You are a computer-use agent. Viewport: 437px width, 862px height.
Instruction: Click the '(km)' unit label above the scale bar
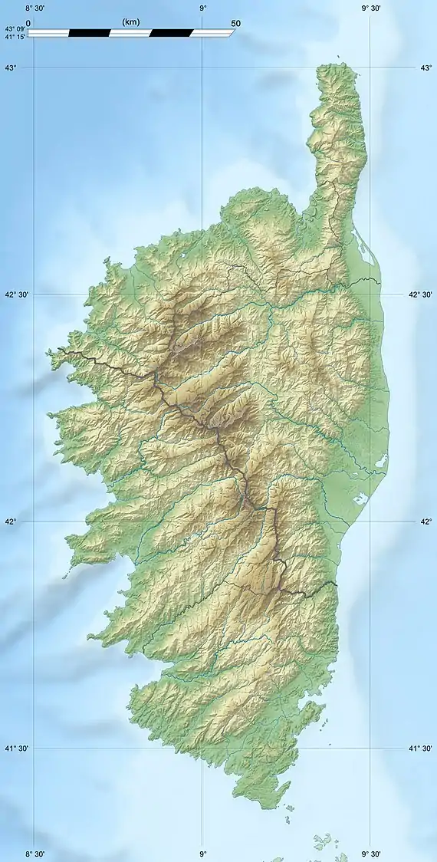(131, 23)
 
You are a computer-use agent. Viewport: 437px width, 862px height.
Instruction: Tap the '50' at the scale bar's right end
(235, 23)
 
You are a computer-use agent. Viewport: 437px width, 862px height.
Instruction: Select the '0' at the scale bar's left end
(28, 23)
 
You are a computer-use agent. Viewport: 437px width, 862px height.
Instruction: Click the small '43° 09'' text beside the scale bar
(15, 29)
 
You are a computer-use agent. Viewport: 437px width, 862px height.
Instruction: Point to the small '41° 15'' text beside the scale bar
(15, 36)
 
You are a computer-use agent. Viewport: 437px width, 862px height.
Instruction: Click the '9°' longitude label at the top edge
(203, 8)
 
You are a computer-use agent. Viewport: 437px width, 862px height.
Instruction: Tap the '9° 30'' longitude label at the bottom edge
(371, 854)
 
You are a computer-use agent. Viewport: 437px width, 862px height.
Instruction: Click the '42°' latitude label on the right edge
(426, 521)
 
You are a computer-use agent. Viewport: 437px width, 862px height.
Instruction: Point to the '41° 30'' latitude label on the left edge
(17, 748)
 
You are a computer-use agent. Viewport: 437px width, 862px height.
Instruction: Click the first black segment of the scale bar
(89, 33)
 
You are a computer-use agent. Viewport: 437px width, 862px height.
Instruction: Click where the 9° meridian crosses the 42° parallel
(203, 521)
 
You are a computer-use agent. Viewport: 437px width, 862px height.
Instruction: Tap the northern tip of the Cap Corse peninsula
(336, 65)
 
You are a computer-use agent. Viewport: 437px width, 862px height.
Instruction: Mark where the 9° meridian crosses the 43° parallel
(203, 68)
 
